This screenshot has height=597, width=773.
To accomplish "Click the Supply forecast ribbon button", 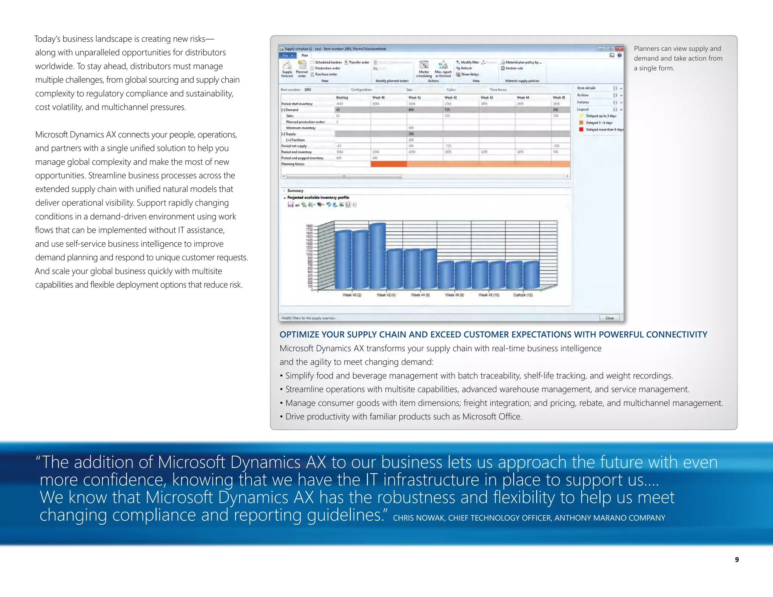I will pos(287,69).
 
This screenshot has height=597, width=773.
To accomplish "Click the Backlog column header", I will pos(342,97).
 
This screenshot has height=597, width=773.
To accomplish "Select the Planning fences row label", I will pos(293,164).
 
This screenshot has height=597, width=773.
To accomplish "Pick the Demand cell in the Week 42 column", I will pos(460,110).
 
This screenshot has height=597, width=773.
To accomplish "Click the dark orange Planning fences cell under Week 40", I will pos(389,164).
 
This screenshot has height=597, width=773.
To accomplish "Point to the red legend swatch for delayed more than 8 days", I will pos(581,129).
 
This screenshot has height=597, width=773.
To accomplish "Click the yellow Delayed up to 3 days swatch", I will pos(581,116).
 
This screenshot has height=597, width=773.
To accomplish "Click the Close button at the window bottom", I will pos(610,318).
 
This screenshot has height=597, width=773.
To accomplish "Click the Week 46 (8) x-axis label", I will pos(454,295).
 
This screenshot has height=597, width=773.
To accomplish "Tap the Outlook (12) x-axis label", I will pos(523,295).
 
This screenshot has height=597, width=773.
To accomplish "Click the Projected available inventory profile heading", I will pos(318,197).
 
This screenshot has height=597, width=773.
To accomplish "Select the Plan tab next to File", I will pos(305,55).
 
